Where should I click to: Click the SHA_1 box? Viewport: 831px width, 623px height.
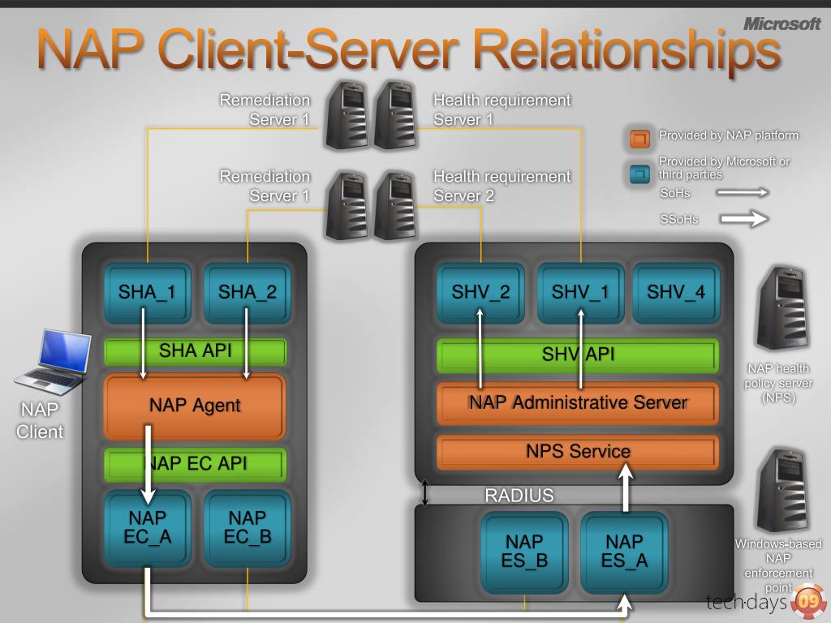click(148, 293)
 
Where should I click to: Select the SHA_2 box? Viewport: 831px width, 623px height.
click(248, 293)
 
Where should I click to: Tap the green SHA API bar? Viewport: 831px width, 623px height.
click(196, 352)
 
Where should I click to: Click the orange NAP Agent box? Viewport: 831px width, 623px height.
click(195, 407)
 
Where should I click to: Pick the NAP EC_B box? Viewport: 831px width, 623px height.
click(248, 528)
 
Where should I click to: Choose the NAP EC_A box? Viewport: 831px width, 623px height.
click(148, 528)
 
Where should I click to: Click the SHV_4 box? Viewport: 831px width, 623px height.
click(676, 293)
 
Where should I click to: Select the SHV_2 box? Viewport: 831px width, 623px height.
click(480, 293)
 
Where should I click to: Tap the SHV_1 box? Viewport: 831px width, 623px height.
click(581, 293)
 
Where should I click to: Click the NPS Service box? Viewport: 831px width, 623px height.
click(578, 453)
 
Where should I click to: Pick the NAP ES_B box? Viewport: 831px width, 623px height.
click(525, 552)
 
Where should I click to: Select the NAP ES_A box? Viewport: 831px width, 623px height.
click(624, 552)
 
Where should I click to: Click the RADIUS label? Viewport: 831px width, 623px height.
click(519, 496)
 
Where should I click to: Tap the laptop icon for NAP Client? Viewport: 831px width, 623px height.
click(53, 363)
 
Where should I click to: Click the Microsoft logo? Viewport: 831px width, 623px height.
click(781, 24)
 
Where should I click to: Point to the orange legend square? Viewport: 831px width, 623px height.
click(639, 139)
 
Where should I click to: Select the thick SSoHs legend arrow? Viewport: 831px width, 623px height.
click(744, 219)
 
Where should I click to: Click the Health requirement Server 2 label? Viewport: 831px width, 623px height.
click(502, 186)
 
